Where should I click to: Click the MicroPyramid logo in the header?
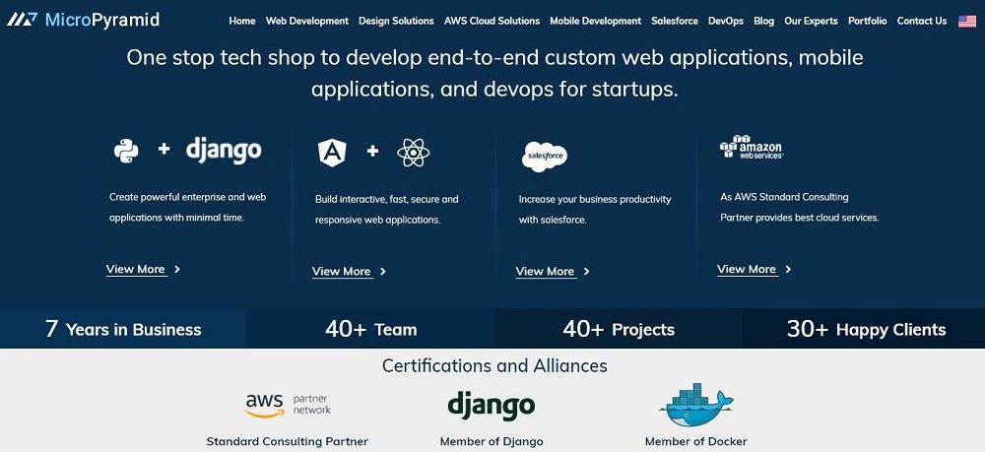click(83, 20)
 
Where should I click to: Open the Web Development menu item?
click(306, 21)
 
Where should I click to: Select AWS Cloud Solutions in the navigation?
click(492, 21)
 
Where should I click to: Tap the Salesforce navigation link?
click(674, 21)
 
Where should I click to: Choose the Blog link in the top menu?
click(764, 21)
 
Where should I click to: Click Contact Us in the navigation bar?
click(922, 21)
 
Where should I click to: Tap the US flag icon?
click(967, 21)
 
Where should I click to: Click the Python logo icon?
click(126, 151)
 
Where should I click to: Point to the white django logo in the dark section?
click(224, 150)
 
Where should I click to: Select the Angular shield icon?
click(332, 153)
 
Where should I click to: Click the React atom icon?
click(414, 153)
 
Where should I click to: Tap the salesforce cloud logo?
click(545, 157)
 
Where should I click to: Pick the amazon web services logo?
click(751, 147)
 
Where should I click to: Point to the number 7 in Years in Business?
click(51, 329)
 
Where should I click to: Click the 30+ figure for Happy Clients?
click(808, 329)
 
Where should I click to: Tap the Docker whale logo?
click(696, 405)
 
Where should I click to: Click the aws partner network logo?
click(288, 406)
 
